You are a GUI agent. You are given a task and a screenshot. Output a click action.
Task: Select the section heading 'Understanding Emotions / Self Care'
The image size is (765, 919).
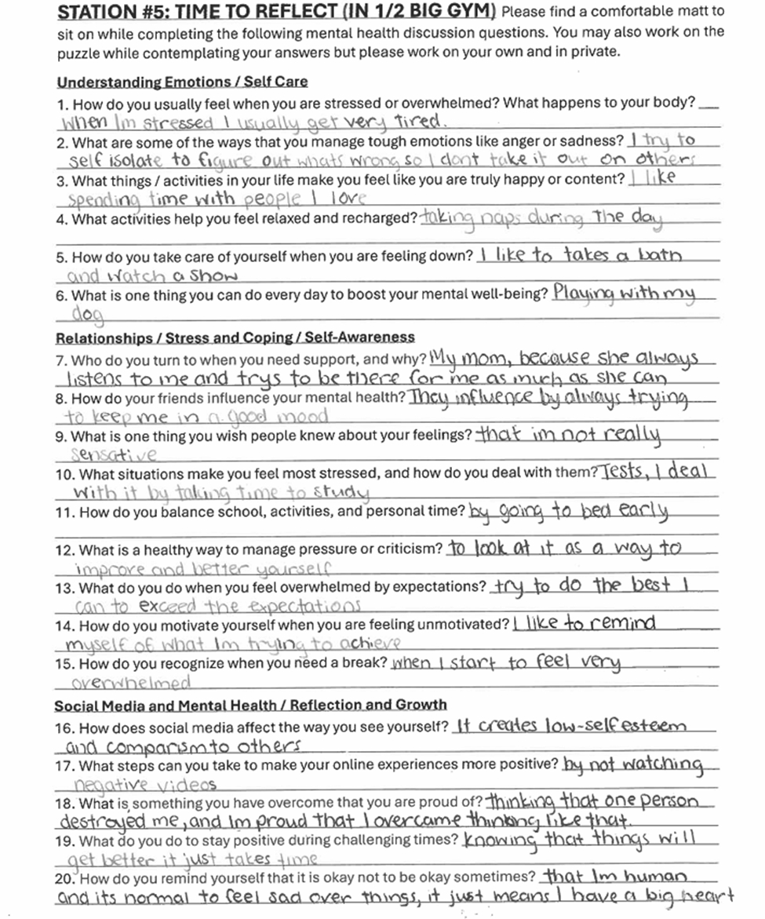tap(182, 82)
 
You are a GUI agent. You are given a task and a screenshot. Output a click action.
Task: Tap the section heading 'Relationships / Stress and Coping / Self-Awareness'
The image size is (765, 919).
tap(235, 337)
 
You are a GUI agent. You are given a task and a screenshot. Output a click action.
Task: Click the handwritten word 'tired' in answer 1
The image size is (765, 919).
tap(420, 122)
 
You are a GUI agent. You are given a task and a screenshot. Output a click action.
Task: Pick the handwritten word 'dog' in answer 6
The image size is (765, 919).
tap(88, 315)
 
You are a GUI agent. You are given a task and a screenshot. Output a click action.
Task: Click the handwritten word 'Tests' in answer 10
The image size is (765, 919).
tap(626, 472)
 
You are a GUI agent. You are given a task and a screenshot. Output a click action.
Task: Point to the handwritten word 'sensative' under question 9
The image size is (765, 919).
tap(113, 455)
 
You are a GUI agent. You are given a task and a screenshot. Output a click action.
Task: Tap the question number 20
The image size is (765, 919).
tap(65, 877)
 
